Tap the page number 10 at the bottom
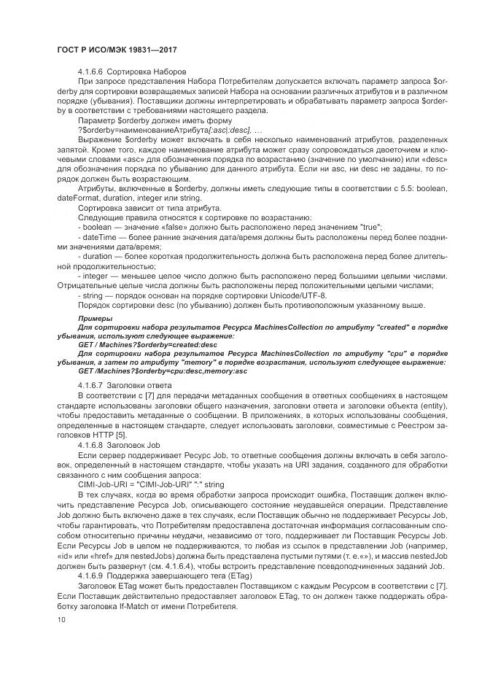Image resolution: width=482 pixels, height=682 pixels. pyautogui.click(x=60, y=619)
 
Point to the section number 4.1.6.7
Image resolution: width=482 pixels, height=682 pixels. pyautogui.click(x=90, y=384)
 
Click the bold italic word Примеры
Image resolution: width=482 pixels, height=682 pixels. pyautogui.click(x=95, y=319)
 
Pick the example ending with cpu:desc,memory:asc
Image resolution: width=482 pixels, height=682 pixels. pyautogui.click(x=163, y=371)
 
